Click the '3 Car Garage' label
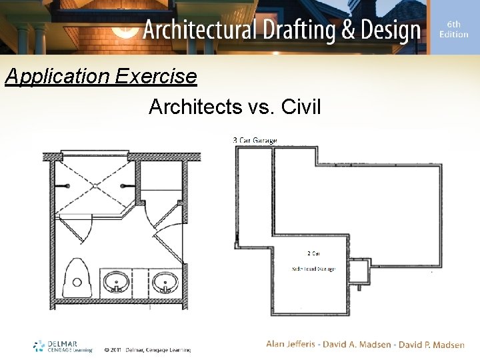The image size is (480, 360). (255, 141)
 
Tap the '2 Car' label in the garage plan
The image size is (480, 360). (313, 254)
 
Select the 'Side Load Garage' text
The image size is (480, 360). (313, 269)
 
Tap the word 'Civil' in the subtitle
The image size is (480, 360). (301, 106)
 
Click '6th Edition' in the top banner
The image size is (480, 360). (453, 29)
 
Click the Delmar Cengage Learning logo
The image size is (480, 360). (63, 346)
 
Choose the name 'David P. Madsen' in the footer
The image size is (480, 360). (432, 345)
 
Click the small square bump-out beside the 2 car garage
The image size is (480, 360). (360, 271)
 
